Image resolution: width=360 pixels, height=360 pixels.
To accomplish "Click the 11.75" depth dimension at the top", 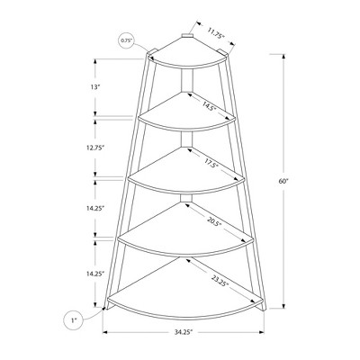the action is click(216, 33).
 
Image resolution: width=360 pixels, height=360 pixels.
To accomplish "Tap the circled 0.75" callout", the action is click(126, 40).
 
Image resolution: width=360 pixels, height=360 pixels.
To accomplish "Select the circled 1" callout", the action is click(72, 320).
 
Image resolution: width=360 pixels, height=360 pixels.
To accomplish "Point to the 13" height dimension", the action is click(94, 87).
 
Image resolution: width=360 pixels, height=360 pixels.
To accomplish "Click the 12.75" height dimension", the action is click(94, 148).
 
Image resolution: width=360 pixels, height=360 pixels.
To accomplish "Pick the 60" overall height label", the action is click(283, 181).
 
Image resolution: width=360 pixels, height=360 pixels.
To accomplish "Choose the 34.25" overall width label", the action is click(184, 332).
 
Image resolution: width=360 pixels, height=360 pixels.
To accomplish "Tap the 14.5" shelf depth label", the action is click(209, 105).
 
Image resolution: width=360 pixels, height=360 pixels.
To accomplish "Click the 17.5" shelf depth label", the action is click(211, 163).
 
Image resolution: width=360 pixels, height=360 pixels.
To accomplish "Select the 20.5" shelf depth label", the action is click(214, 221).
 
